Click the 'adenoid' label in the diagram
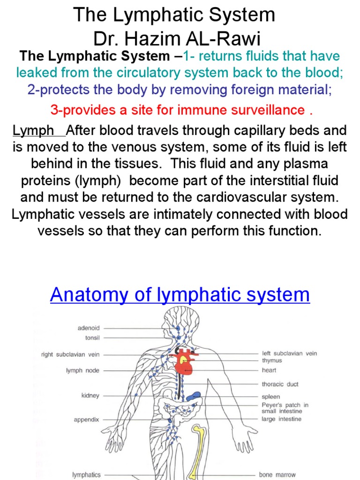pos(89,328)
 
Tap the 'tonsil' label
pos(92,337)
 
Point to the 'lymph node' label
pos(82,370)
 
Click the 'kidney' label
pos(90,396)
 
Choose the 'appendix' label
pos(86,420)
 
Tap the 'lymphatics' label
pos(86,475)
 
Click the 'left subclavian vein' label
pos(289,353)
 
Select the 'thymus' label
pos(272,360)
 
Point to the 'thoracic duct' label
pos(280,384)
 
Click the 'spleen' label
pos(270,397)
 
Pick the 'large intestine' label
pos(281,419)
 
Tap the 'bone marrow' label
pos(277,475)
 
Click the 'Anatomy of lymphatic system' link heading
pos(180,295)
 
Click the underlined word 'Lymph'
pos(33,131)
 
